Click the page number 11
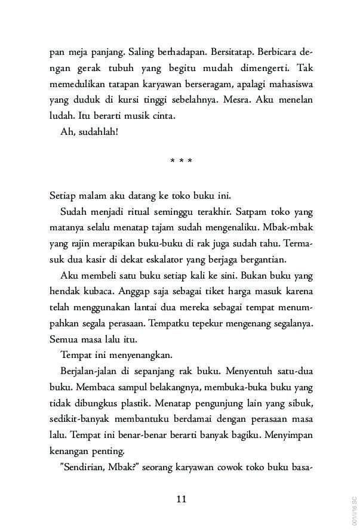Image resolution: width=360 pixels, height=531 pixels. [x=181, y=499]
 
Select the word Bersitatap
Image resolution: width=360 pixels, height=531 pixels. [x=226, y=52]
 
